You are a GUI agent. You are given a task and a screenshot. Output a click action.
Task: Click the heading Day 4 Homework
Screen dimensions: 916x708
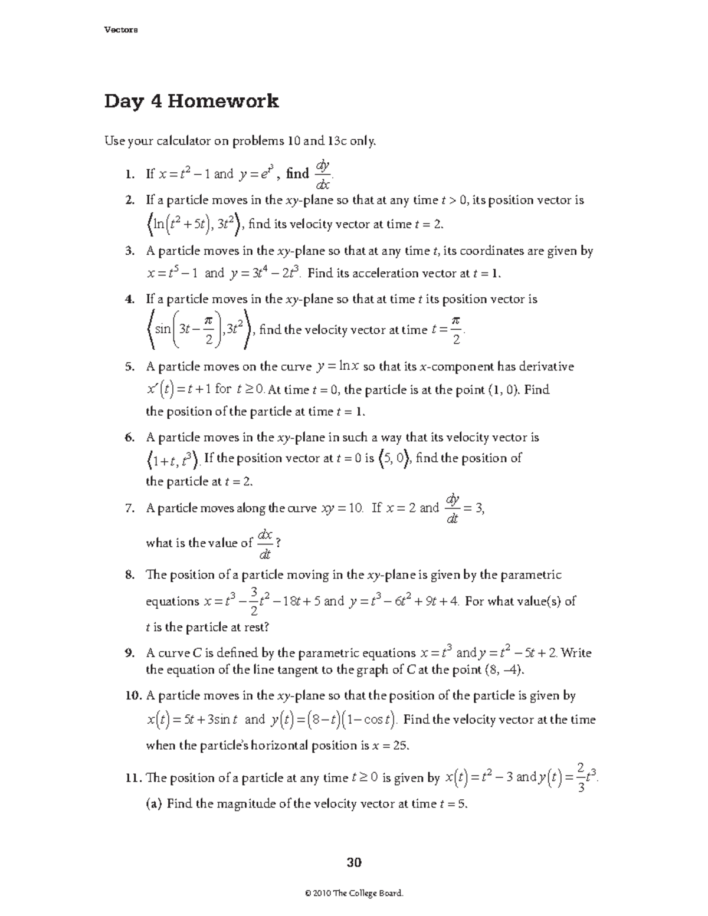click(191, 102)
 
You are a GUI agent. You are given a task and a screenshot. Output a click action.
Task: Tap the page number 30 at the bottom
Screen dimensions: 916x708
click(354, 863)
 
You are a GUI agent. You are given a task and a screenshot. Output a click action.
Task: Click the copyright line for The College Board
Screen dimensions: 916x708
click(354, 894)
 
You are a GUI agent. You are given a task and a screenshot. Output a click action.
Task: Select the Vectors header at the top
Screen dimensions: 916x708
click(121, 31)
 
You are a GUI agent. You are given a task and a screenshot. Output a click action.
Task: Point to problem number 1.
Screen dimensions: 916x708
click(129, 174)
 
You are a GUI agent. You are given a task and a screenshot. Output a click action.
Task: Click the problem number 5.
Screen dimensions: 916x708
click(129, 367)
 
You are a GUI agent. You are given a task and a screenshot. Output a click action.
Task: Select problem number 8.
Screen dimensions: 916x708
click(129, 575)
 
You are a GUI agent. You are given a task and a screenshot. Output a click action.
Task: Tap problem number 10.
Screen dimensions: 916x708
click(133, 696)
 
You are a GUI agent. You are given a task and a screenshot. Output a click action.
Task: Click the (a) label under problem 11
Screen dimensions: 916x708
click(155, 803)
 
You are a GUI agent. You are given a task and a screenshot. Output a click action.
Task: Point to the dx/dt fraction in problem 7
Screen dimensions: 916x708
click(265, 543)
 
